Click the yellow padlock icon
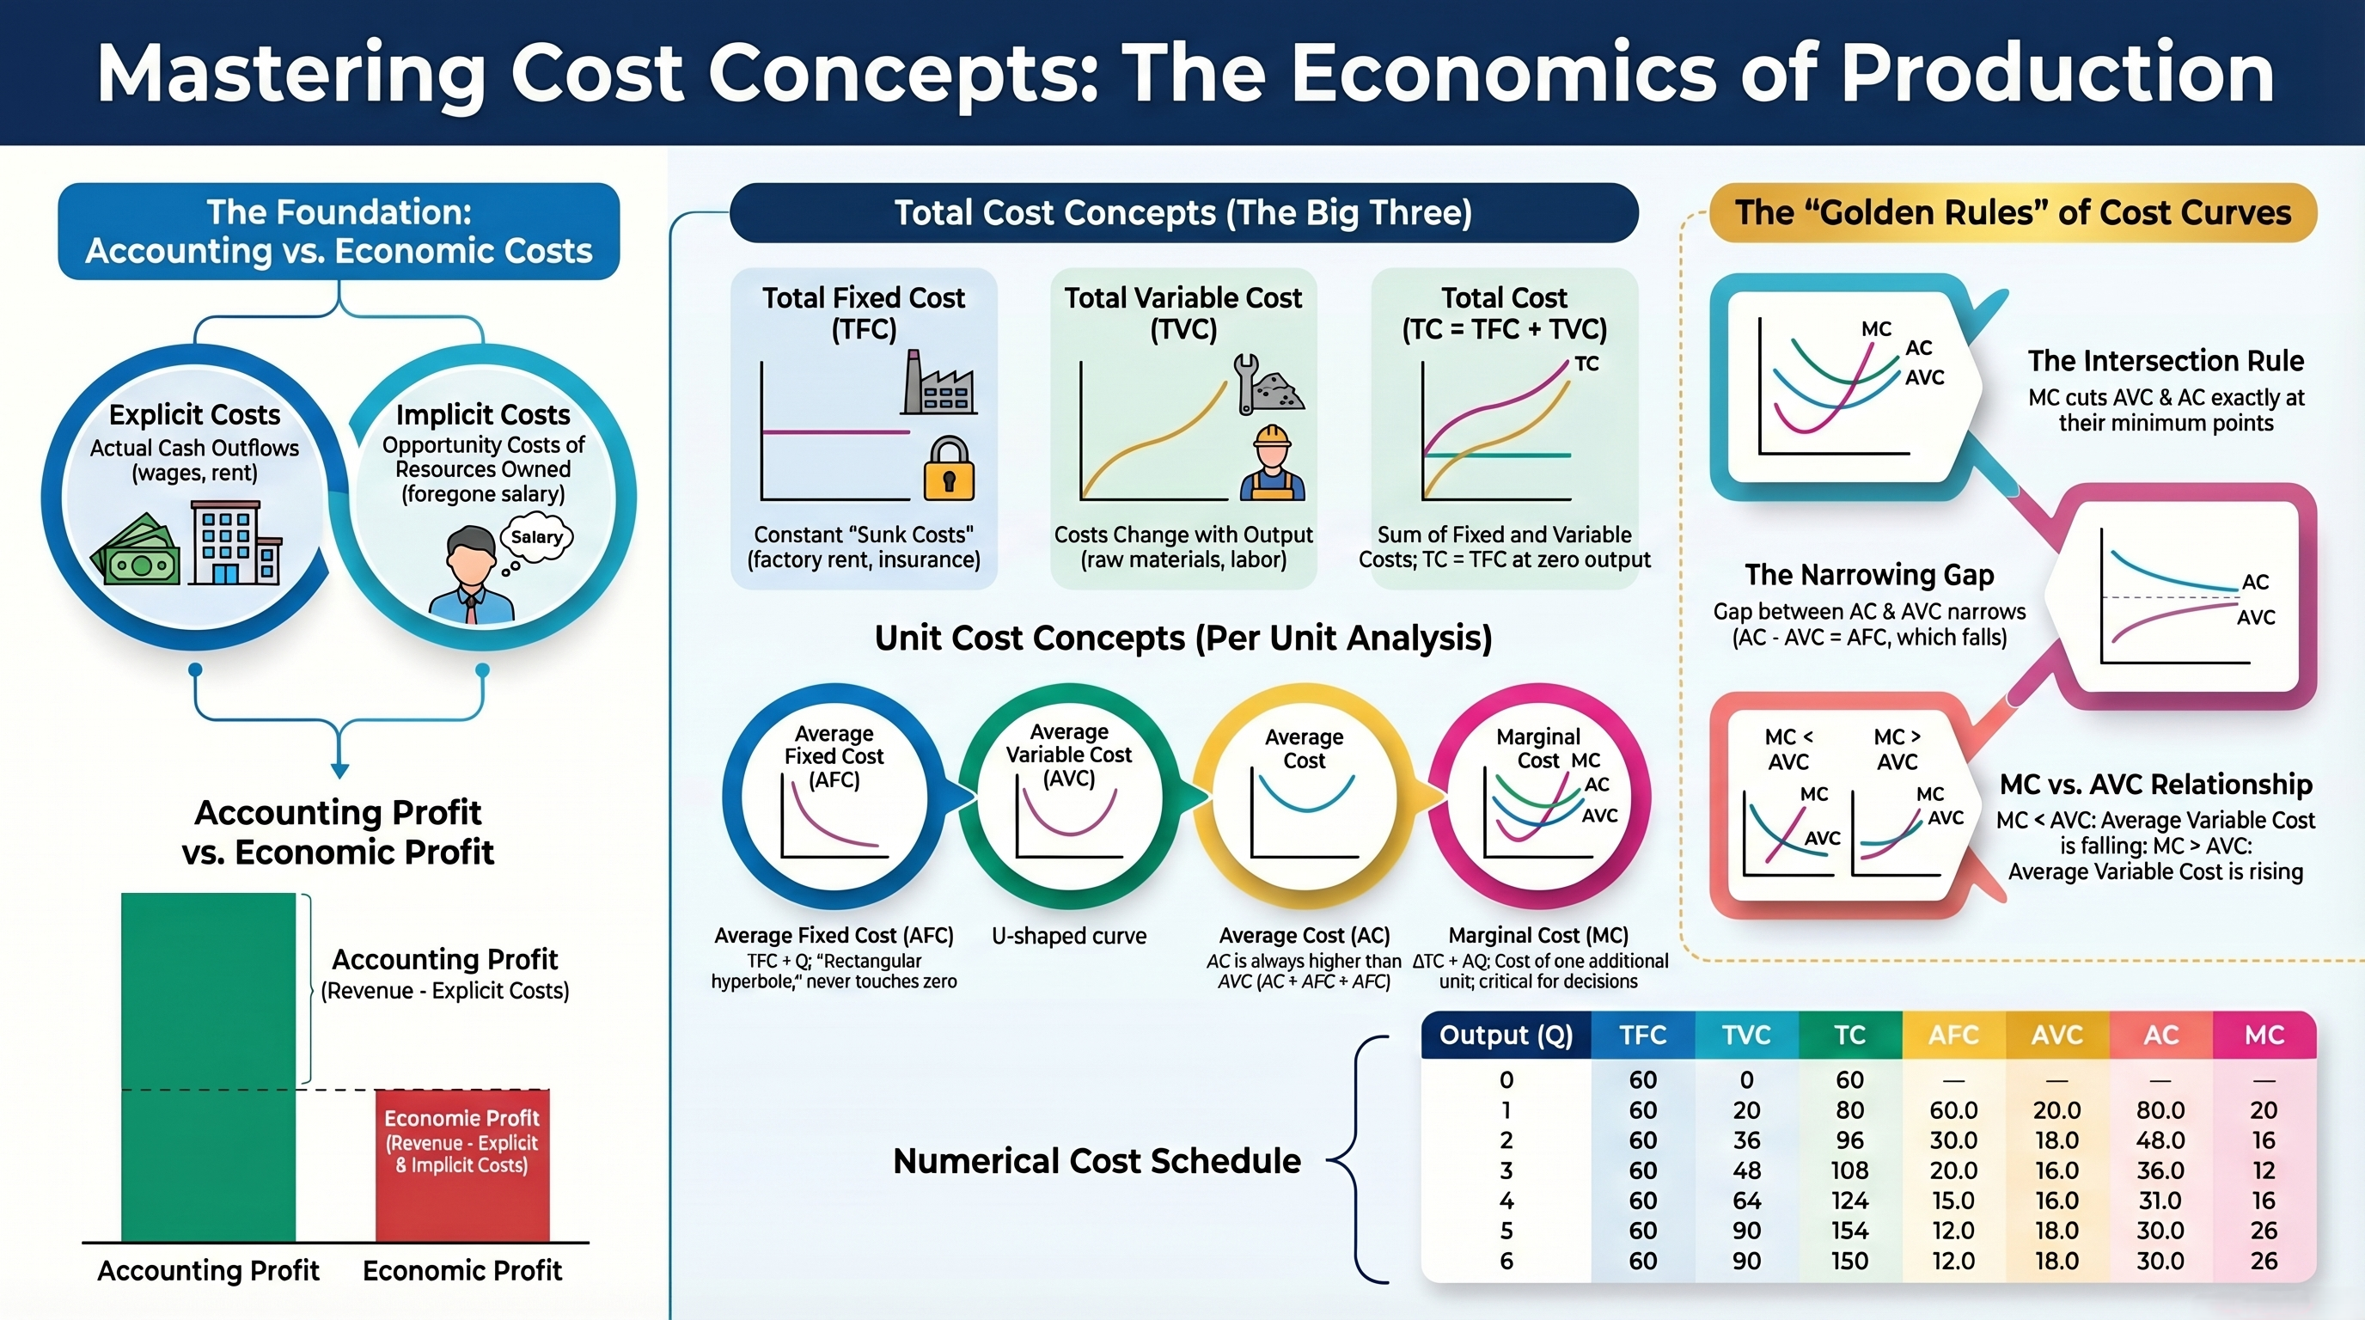[949, 470]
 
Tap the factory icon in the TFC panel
[938, 383]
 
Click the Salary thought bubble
[536, 538]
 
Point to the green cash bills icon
[136, 553]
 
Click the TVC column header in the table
[1746, 1036]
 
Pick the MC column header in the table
[2264, 1036]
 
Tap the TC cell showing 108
[1849, 1170]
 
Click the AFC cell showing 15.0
[1952, 1201]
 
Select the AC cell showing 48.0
[2160, 1140]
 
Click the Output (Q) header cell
[1506, 1036]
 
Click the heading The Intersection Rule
[2166, 361]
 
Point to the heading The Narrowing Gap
[1869, 575]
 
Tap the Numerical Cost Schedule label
[1097, 1161]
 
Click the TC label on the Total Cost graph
[1586, 364]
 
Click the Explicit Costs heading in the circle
[194, 415]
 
